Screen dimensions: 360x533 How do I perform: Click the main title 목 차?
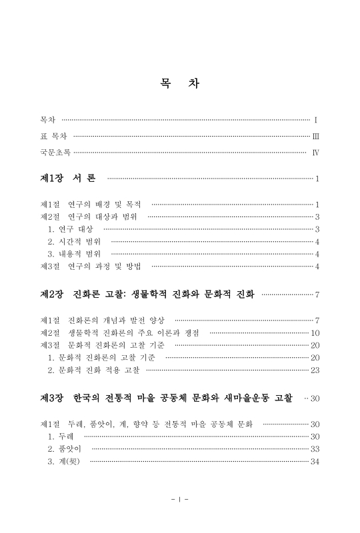point(179,85)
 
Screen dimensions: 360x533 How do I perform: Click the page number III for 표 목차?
point(316,137)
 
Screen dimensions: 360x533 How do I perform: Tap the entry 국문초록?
point(55,153)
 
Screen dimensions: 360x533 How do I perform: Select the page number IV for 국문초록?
point(316,153)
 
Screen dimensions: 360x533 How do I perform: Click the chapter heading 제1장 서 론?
point(69,179)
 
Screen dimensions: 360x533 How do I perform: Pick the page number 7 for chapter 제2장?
point(318,294)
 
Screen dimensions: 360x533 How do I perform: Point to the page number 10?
point(315,332)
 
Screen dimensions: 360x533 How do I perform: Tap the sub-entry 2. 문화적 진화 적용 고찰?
point(94,370)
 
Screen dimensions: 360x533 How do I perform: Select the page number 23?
point(315,370)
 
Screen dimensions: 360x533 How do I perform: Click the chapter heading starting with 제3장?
point(166,398)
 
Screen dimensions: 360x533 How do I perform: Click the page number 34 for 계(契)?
point(315,462)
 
